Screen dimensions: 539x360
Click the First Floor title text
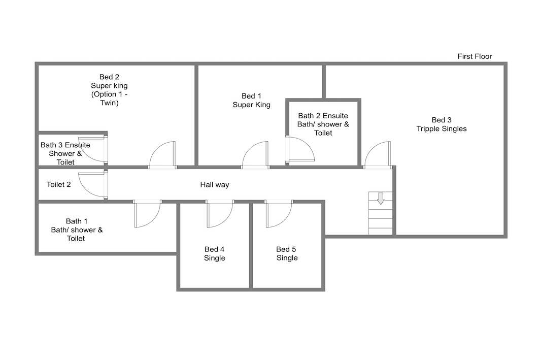475,56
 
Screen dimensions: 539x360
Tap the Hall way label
215,185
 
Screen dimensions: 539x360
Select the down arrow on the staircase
381,199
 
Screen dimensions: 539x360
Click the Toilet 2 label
58,184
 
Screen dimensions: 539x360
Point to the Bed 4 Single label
215,253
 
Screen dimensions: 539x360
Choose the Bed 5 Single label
287,253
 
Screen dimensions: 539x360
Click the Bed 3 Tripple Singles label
442,124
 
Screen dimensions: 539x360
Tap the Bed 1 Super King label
251,101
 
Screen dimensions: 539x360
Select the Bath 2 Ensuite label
323,124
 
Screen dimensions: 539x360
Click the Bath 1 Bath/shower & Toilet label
77,230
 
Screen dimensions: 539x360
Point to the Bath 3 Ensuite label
65,153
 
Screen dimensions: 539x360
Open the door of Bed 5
279,214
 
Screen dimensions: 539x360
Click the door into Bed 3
378,155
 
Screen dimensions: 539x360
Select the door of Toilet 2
93,185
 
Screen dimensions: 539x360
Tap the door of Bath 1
148,214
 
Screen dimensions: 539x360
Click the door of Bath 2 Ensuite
300,149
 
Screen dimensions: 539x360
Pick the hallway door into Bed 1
255,155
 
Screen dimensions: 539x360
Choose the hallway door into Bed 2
162,155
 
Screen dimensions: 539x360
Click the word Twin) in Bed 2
109,103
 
